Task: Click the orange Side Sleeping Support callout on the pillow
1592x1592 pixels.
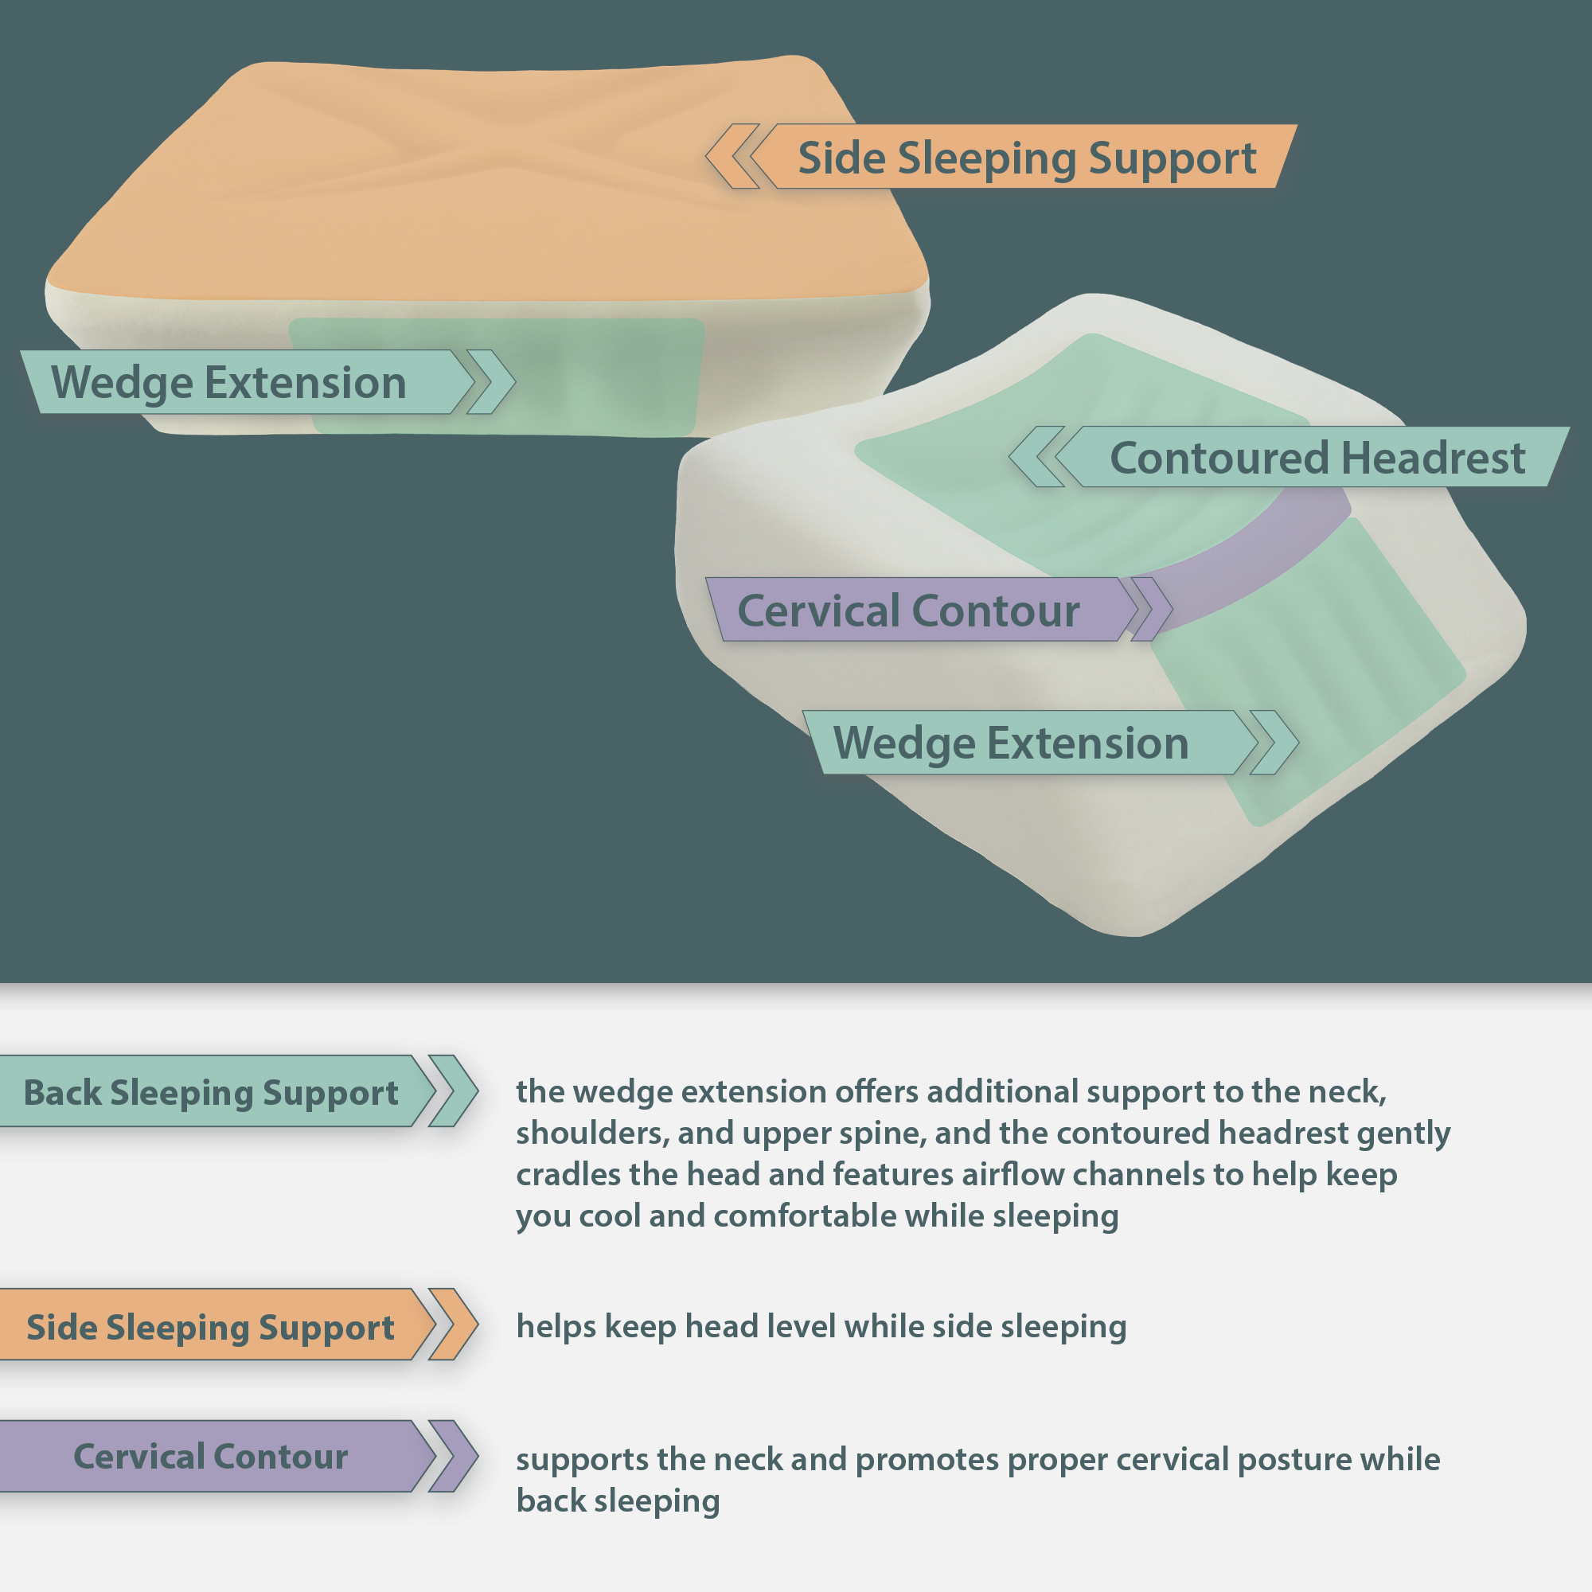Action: point(1026,158)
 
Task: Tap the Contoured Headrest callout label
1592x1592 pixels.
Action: point(1316,458)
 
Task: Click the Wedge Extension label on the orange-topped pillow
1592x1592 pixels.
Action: point(228,382)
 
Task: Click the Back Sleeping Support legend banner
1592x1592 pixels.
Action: point(210,1093)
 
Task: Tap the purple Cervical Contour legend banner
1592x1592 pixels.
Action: point(210,1457)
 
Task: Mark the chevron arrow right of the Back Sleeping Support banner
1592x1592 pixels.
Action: point(453,1091)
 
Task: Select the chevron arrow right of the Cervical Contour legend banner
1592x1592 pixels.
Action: point(453,1457)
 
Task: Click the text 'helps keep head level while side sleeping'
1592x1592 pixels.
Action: point(821,1327)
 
